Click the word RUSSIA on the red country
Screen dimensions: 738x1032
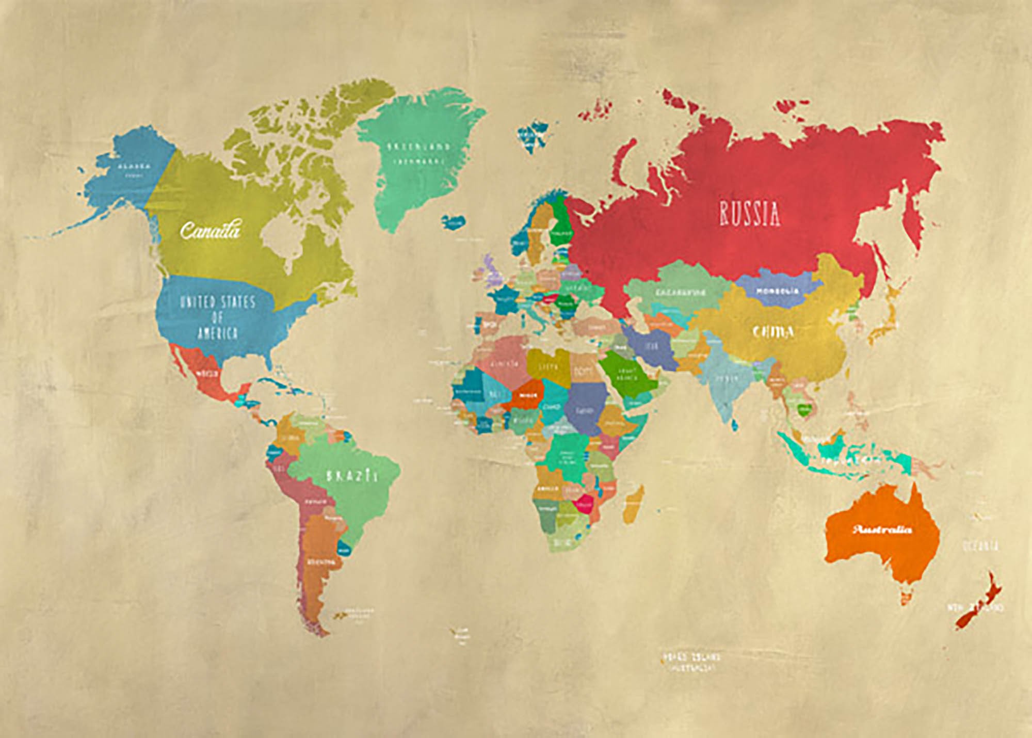point(749,214)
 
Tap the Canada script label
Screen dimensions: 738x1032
point(210,230)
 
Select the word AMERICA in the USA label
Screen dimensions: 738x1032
point(217,333)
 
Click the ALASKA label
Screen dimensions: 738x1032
point(134,166)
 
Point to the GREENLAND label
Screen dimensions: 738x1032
point(418,147)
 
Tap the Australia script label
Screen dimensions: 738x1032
point(882,530)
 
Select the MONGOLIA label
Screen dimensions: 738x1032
point(777,291)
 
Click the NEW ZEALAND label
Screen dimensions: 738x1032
point(974,607)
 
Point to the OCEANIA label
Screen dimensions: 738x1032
point(980,546)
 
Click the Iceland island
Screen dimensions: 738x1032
point(453,222)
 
